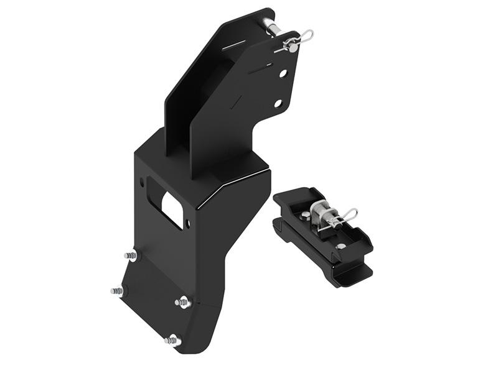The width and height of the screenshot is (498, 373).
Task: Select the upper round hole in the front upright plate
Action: pos(283,73)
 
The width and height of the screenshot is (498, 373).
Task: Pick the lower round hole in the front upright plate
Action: pos(278,103)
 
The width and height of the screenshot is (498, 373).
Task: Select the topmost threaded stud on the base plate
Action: pos(131,255)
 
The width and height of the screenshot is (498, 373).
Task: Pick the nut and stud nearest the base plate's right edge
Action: pos(182,303)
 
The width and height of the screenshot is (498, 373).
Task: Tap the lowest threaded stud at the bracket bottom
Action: pos(172,340)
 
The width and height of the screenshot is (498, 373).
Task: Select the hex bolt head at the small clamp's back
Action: pos(306,215)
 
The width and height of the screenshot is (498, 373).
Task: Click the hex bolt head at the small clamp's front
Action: pos(340,247)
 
